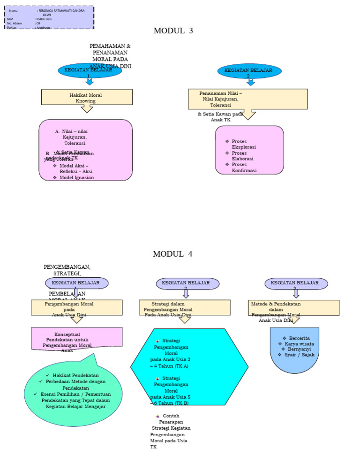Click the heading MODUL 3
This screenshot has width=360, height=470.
coord(173,31)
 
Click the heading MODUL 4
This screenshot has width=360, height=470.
coord(172,254)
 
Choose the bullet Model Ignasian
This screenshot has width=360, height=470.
coord(76,177)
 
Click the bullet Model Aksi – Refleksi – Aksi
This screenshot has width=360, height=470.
coord(76,169)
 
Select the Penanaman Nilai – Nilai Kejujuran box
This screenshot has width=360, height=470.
coord(247,99)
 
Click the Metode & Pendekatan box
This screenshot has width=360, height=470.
coord(293,308)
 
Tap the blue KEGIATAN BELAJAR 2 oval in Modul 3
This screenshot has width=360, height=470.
coord(250,71)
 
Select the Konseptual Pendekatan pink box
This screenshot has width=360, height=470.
coord(76,338)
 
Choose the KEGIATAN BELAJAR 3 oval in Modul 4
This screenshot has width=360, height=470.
coord(296,283)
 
